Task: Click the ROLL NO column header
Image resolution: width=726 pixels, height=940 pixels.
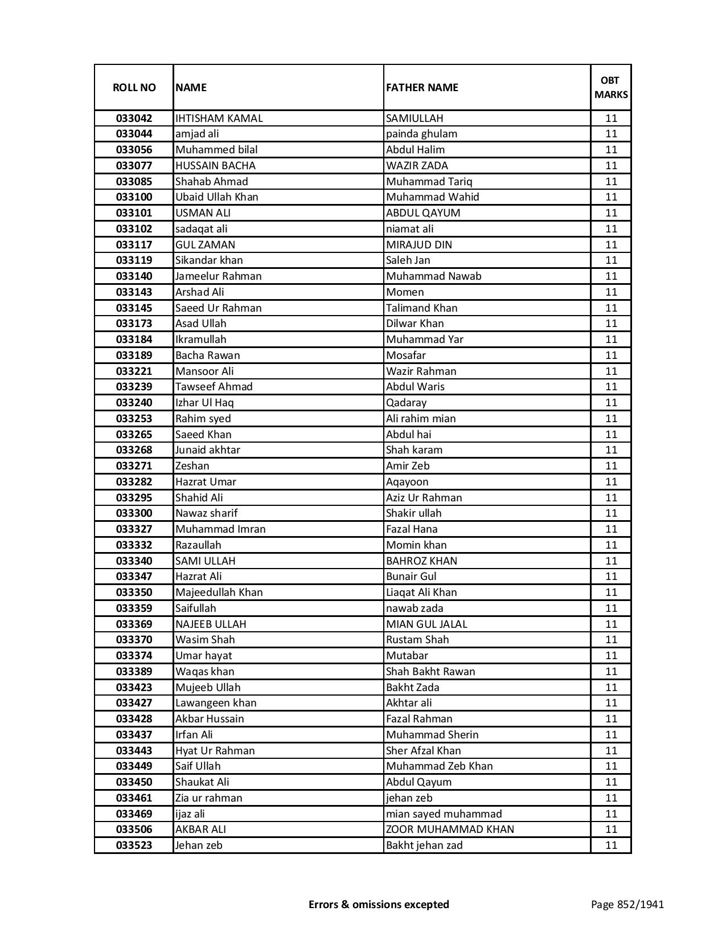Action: click(134, 87)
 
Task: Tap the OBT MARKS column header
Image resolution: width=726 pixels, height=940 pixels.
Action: click(611, 87)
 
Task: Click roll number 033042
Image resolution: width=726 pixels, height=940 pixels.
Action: click(134, 118)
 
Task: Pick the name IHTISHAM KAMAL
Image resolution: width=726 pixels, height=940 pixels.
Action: click(219, 118)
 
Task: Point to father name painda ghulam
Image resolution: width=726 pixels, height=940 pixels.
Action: click(421, 134)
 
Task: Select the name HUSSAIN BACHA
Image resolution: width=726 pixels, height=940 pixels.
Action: click(215, 166)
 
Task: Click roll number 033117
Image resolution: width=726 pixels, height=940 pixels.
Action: click(134, 245)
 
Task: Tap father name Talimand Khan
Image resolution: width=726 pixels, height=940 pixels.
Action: click(421, 308)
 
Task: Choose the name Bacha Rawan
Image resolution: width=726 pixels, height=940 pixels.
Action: click(208, 355)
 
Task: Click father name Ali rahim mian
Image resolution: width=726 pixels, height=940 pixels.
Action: click(421, 419)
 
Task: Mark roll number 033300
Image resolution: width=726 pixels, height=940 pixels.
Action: click(134, 513)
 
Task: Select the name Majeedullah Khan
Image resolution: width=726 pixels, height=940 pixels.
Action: click(219, 592)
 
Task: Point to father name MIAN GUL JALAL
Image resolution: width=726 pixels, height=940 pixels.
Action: click(426, 624)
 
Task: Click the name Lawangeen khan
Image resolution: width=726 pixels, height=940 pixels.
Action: click(216, 703)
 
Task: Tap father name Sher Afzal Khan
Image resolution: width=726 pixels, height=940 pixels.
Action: click(424, 751)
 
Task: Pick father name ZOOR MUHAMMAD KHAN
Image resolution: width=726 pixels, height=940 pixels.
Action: click(450, 829)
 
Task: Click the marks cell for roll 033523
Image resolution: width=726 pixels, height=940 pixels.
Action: click(611, 845)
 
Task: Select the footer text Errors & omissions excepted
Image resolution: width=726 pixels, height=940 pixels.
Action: click(379, 904)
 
